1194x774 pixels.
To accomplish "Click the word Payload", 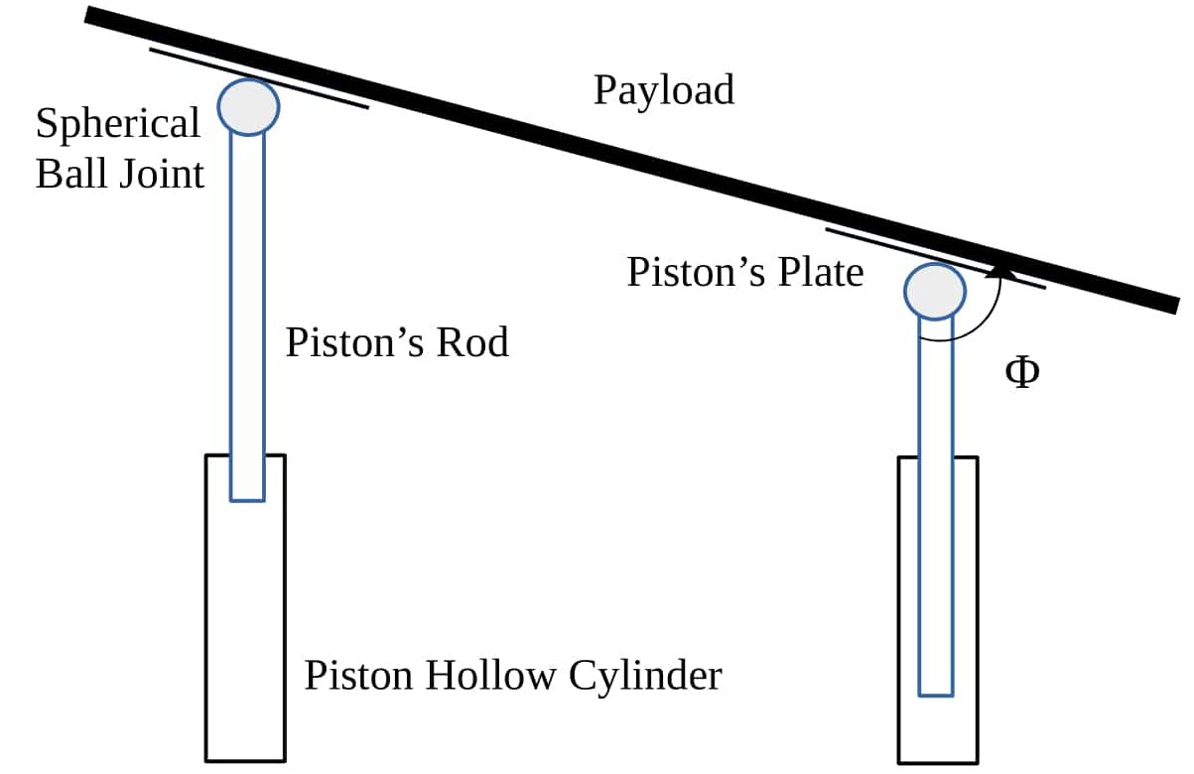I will (664, 90).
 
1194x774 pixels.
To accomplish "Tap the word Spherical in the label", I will (117, 124).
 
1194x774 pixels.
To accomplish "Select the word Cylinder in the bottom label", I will (645, 677).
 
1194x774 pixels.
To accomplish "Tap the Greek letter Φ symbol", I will (1022, 374).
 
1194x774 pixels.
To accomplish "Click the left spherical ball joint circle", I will (248, 106).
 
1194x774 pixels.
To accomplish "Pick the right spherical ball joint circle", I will (934, 290).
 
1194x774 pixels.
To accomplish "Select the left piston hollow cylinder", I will (245, 635).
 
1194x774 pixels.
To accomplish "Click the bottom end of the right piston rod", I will (935, 691).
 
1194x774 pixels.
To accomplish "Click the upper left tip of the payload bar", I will (89, 15).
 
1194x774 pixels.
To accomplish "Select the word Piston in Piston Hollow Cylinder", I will (359, 677).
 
